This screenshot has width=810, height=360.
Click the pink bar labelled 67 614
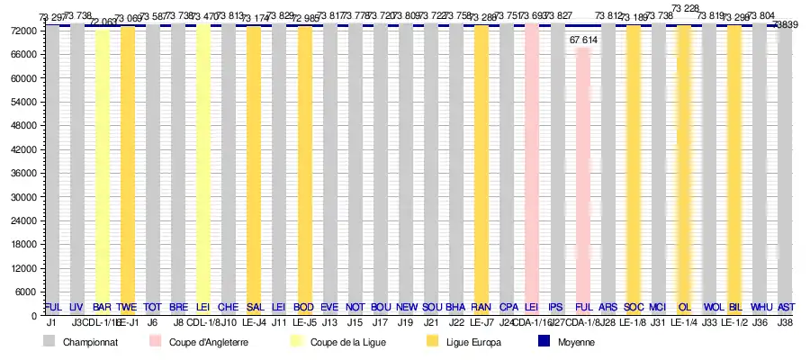point(583,180)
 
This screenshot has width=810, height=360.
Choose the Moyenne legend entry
point(575,342)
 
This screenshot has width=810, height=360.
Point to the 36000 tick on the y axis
point(22,174)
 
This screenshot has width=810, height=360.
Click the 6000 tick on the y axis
point(25,292)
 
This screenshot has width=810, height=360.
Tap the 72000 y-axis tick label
point(22,31)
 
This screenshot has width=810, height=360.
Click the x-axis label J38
point(785,322)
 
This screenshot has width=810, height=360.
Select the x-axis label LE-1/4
point(684,322)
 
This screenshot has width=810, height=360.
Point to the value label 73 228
point(685,8)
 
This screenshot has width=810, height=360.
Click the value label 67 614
point(583,40)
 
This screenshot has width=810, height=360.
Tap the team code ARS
point(607,307)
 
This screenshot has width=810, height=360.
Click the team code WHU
point(760,307)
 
